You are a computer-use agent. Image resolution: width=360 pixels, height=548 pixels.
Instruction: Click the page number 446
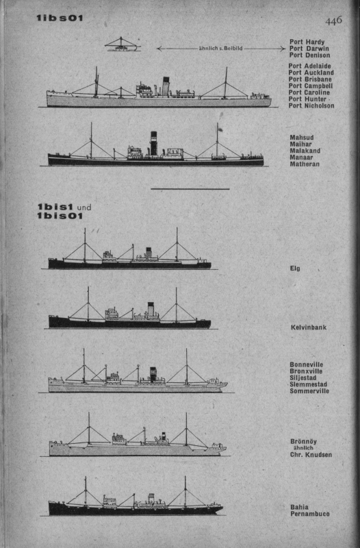(x=333, y=21)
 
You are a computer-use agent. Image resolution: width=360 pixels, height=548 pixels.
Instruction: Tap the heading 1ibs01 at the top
(x=60, y=18)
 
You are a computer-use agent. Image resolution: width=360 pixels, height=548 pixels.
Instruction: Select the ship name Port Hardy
(x=307, y=42)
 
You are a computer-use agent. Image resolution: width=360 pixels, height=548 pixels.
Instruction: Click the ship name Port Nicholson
(x=311, y=105)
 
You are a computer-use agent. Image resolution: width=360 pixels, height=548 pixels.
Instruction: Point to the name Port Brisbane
(x=310, y=79)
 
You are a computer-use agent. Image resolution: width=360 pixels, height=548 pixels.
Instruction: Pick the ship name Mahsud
(x=302, y=138)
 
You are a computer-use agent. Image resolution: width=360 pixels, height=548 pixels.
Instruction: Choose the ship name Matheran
(x=305, y=164)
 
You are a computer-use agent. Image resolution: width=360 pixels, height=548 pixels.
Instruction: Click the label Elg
(x=295, y=269)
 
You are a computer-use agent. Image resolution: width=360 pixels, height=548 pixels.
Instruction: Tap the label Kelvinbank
(x=309, y=327)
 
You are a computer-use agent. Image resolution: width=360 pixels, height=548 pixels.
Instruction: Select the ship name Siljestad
(x=303, y=378)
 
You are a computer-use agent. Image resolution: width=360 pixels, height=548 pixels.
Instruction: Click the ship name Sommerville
(x=309, y=391)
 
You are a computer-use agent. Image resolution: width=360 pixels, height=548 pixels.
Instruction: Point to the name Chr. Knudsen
(x=311, y=455)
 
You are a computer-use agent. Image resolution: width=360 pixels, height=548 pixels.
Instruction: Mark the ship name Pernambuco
(x=310, y=514)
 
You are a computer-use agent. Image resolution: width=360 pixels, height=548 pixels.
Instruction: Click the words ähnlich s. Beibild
(x=220, y=48)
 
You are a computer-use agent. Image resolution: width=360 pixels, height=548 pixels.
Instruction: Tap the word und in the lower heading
(x=84, y=208)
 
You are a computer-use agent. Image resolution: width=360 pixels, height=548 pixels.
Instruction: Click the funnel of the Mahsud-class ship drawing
(x=153, y=143)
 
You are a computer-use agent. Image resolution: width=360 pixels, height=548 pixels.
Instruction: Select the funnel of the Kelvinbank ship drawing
(x=151, y=309)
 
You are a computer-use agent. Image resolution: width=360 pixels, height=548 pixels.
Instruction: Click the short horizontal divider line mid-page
(x=190, y=189)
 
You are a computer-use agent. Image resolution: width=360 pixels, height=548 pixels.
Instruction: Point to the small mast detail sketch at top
(x=123, y=45)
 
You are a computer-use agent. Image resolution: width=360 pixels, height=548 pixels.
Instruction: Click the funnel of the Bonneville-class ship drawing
(x=153, y=374)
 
